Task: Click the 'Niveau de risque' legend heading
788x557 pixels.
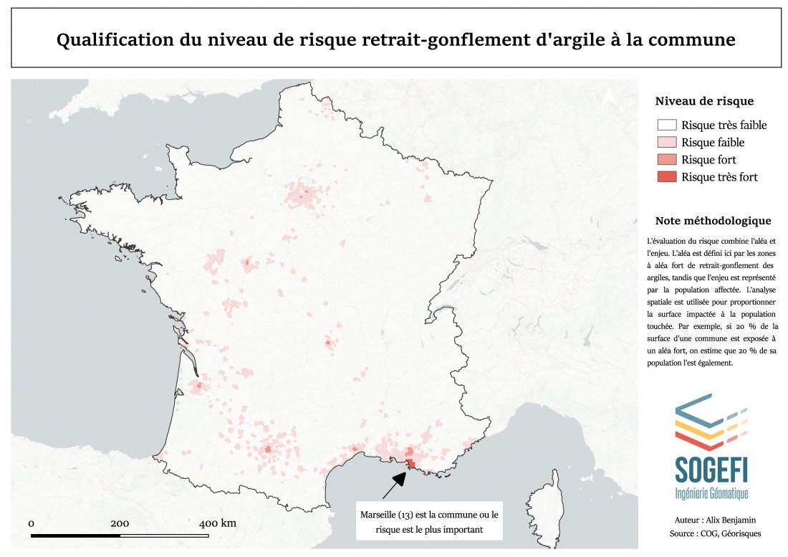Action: [x=704, y=101]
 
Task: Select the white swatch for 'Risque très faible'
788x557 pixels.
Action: [x=666, y=125]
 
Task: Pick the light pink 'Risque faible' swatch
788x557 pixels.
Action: [x=666, y=142]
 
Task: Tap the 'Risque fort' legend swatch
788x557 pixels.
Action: [x=666, y=159]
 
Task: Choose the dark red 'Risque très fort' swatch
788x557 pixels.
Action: [x=666, y=176]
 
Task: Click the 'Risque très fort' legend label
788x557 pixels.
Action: [x=719, y=177]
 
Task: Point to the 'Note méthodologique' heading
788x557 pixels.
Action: [x=713, y=220]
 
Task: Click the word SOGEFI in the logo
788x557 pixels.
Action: [x=711, y=468]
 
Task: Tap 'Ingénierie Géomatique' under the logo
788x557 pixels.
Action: [x=711, y=493]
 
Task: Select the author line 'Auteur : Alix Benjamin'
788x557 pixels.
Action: [x=711, y=519]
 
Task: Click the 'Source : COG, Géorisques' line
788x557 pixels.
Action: [x=711, y=533]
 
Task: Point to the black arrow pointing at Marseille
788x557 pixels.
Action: [x=393, y=485]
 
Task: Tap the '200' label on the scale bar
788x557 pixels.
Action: [x=120, y=523]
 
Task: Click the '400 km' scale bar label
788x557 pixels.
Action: [x=217, y=523]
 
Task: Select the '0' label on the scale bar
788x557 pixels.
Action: [x=32, y=523]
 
